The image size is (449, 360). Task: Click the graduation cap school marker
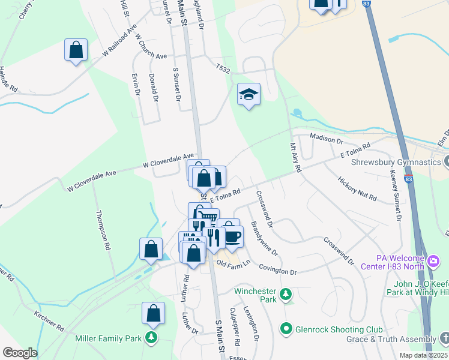point(249,95)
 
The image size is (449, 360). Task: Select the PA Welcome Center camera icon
point(435,261)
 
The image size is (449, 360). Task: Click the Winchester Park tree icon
point(286,294)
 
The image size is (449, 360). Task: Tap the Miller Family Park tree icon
point(153,338)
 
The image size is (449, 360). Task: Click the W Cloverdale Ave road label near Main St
point(168,160)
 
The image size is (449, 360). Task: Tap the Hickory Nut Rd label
point(357,188)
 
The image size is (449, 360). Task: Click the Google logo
point(20,353)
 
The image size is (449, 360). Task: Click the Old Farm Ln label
point(233,264)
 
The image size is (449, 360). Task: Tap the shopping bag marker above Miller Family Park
point(153,313)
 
